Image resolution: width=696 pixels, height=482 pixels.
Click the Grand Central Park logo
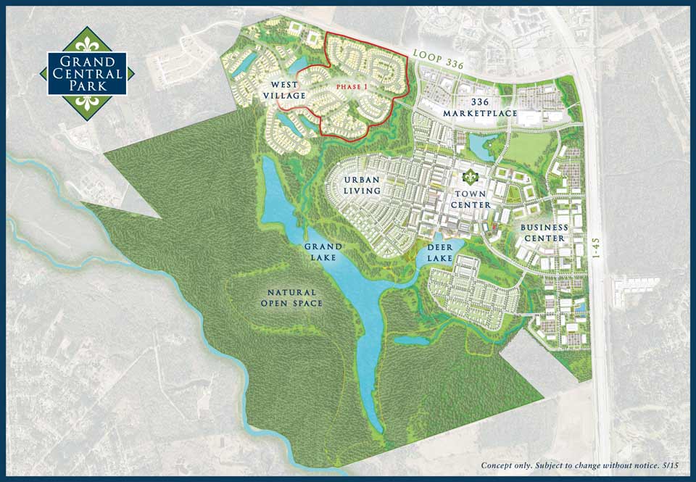[87, 73]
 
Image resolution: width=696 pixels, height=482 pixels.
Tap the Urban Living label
[362, 185]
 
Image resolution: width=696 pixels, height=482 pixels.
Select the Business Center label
[544, 233]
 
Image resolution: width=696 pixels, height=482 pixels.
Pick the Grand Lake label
[323, 252]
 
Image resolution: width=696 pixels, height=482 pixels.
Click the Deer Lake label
[439, 253]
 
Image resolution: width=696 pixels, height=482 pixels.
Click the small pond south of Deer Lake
[412, 339]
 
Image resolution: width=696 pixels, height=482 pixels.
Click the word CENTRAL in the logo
[87, 73]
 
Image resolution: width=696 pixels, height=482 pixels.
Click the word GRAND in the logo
[87, 61]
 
